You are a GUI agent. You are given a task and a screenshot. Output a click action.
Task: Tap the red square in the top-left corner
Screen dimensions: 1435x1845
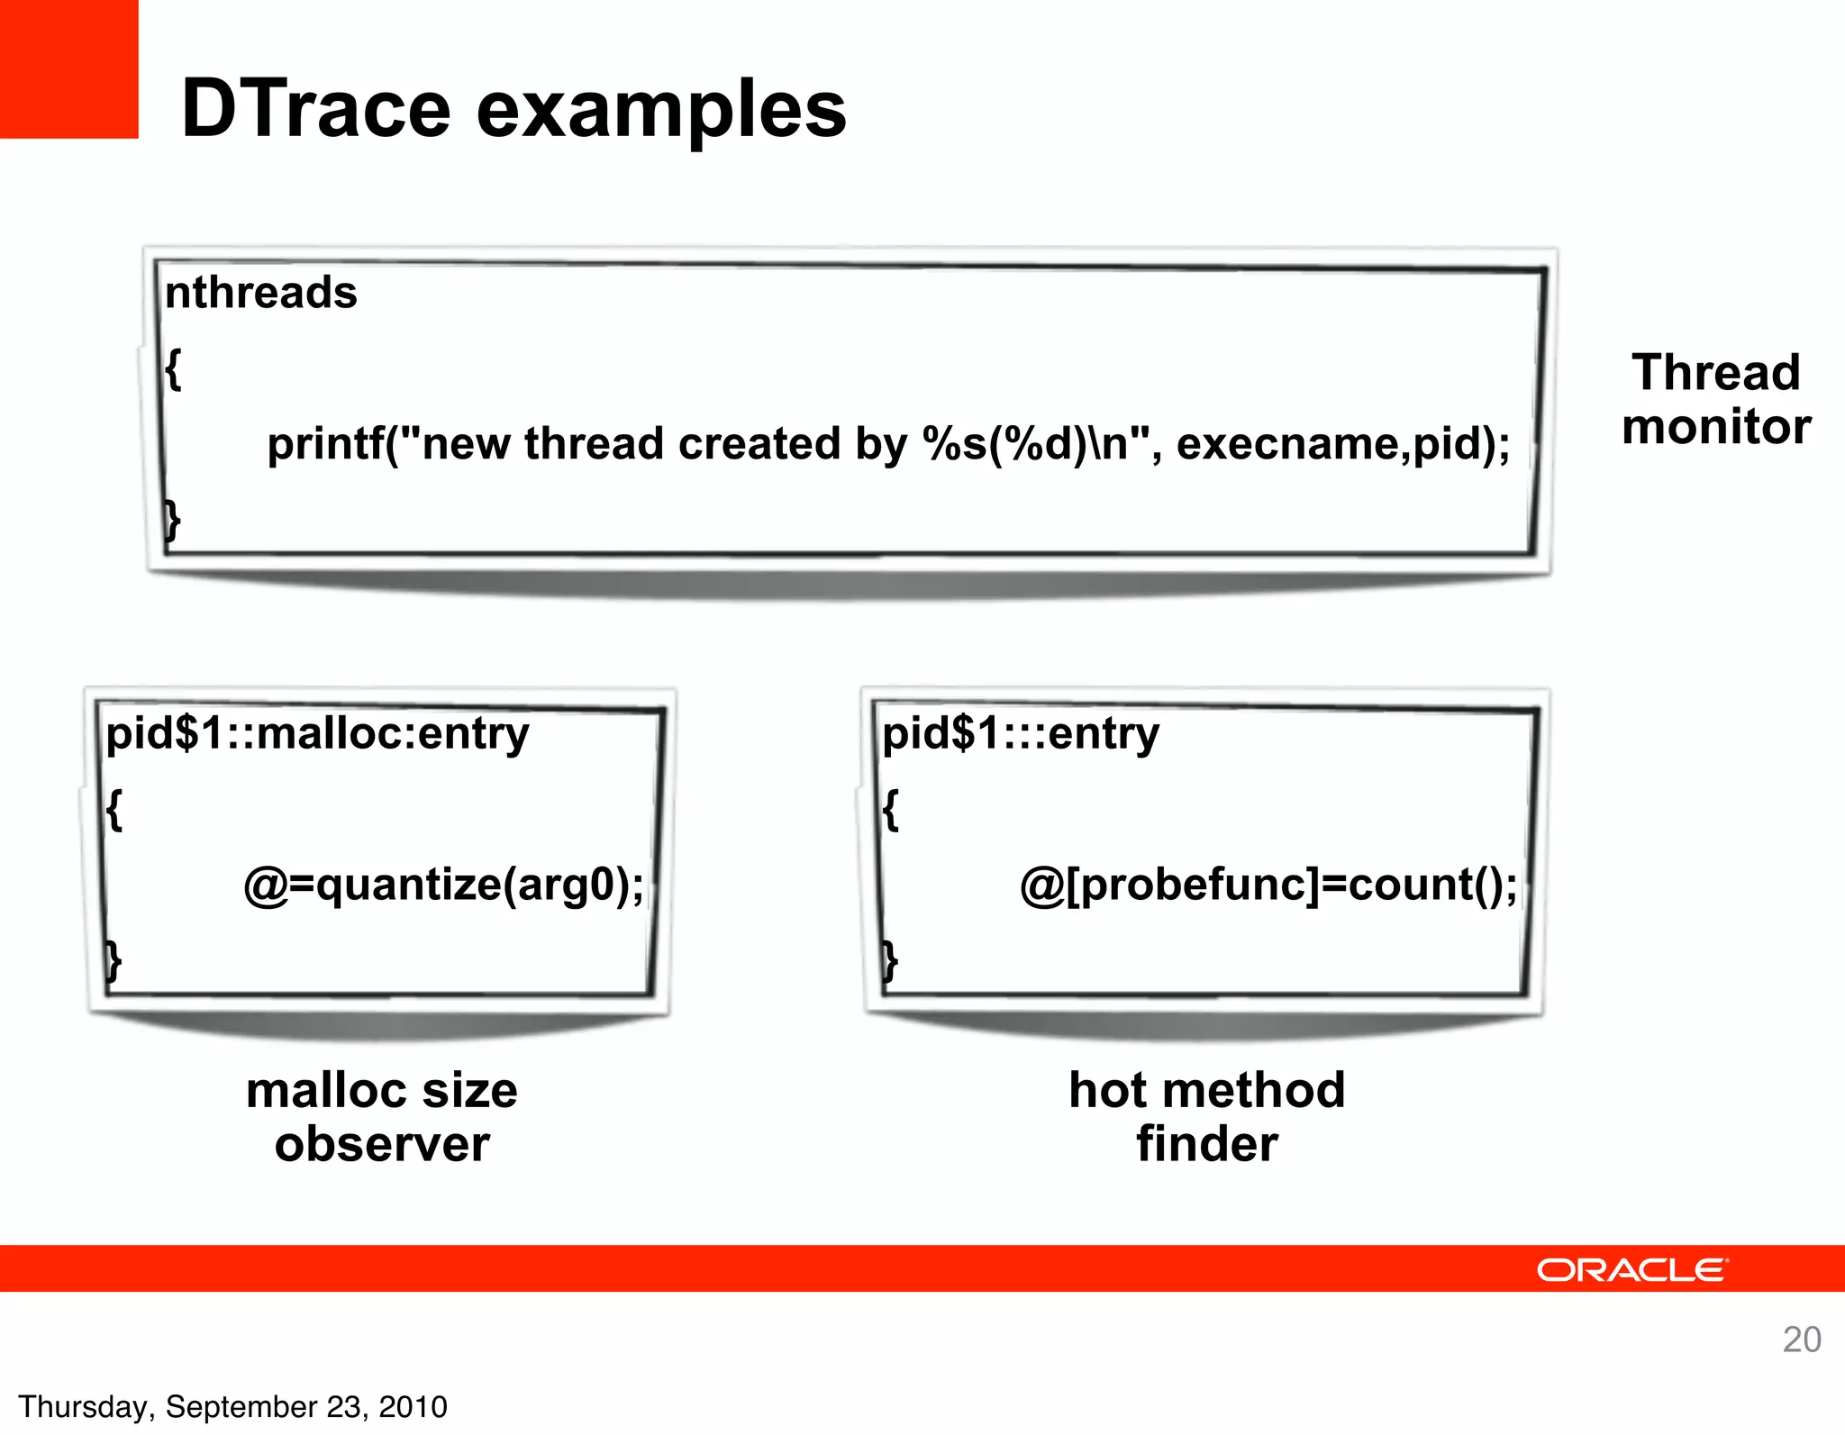(x=68, y=68)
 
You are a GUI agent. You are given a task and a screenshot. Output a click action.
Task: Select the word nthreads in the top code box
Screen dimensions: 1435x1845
(x=261, y=293)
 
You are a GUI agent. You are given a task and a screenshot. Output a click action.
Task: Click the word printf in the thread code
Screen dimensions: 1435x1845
(x=325, y=444)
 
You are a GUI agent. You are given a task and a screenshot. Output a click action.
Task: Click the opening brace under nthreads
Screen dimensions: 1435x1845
(x=173, y=368)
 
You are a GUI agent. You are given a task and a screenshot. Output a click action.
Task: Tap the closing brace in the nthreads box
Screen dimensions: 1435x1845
(x=172, y=521)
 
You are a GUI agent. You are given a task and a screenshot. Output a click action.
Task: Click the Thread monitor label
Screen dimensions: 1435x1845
(x=1715, y=399)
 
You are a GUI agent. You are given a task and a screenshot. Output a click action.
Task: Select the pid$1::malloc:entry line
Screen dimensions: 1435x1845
(x=317, y=733)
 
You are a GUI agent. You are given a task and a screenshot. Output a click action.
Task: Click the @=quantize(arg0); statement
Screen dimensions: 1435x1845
(x=444, y=885)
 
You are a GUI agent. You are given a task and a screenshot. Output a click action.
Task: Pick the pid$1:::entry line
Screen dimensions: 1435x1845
(x=1020, y=733)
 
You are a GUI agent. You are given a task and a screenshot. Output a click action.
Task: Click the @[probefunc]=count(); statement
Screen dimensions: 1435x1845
(x=1268, y=885)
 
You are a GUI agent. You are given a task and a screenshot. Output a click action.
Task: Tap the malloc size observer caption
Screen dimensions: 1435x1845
(x=382, y=1117)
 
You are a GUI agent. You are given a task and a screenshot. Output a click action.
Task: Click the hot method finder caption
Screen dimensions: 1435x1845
(x=1206, y=1117)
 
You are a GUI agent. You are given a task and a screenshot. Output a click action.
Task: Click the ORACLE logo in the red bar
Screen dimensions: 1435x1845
(x=1632, y=1270)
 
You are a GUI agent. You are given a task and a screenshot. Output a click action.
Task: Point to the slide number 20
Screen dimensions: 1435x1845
(x=1801, y=1340)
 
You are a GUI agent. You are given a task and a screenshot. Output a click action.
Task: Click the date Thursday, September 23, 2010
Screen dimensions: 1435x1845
(x=232, y=1406)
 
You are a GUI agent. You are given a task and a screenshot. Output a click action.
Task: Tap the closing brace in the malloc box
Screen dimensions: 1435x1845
(x=113, y=960)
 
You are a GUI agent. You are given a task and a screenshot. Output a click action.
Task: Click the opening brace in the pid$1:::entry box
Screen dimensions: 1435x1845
(x=890, y=809)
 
